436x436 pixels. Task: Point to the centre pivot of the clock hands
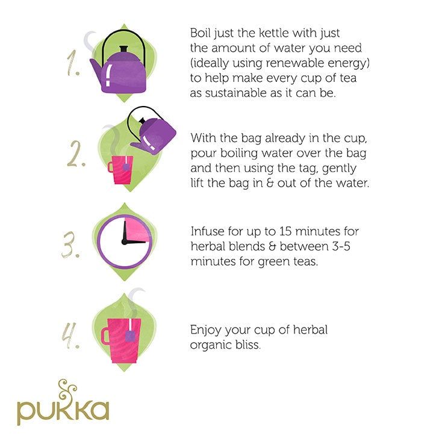(124, 241)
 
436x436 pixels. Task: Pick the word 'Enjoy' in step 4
(205, 331)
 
